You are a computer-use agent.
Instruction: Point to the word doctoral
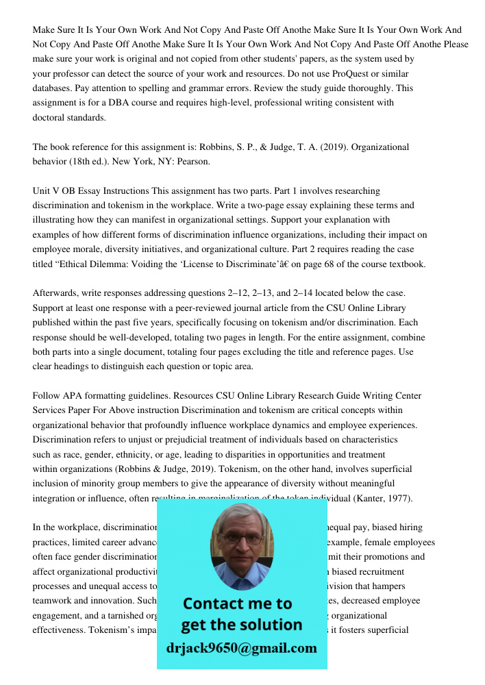point(51,117)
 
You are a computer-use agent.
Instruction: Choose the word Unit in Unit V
point(42,190)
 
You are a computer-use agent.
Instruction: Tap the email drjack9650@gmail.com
point(241,648)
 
